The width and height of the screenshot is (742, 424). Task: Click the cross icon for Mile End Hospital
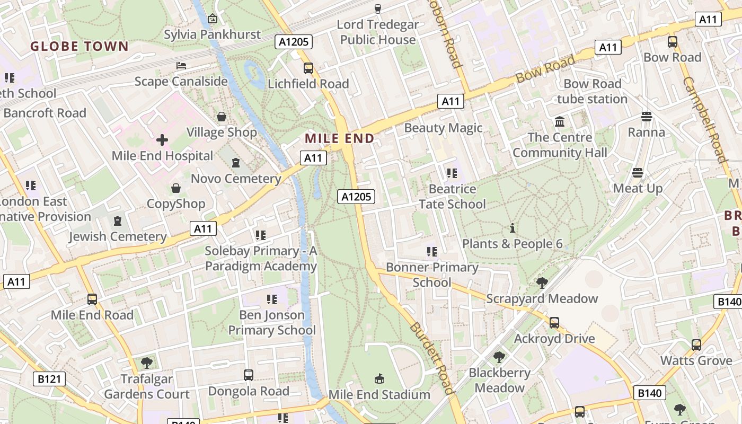point(162,140)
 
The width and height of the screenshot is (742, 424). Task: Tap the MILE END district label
point(340,138)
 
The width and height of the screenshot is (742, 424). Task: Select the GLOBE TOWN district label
point(79,47)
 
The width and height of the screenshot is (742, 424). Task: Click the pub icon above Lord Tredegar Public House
point(378,8)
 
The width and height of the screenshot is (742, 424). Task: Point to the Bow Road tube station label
point(592,91)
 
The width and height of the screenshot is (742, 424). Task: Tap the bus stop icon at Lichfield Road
point(308,68)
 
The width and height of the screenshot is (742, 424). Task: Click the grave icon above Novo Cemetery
point(236,163)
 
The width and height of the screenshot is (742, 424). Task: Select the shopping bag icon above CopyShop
point(176,188)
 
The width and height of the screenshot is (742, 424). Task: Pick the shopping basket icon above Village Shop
point(222,117)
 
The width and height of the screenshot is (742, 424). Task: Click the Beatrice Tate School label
point(452,196)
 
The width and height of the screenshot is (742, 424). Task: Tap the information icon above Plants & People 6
point(513,228)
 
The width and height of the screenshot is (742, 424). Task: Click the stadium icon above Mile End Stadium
point(379,379)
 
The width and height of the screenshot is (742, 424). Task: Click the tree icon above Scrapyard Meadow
point(542,283)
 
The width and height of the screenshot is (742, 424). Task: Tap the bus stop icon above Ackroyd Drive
point(554,322)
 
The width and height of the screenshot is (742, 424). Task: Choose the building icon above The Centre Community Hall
point(559,122)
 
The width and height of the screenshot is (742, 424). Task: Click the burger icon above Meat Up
point(638,173)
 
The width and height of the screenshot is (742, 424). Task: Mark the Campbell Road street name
point(703,119)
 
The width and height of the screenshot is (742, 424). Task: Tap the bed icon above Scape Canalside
point(181,66)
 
